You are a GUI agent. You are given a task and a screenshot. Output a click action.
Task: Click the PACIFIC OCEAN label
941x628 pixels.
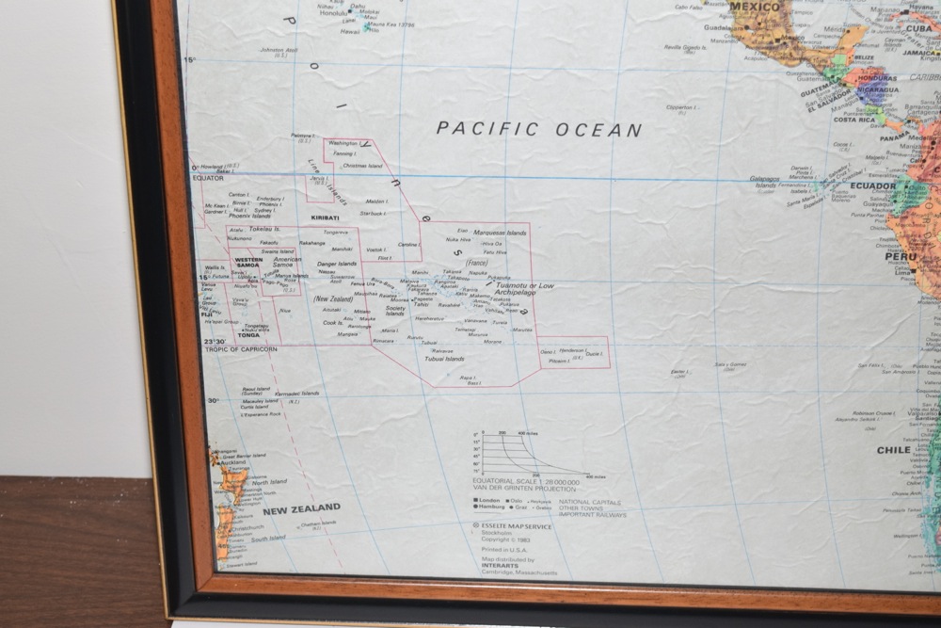(x=539, y=130)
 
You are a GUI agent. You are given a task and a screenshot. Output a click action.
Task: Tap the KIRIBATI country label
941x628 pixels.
(x=325, y=217)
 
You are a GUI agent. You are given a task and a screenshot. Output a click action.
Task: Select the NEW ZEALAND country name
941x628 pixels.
(x=301, y=508)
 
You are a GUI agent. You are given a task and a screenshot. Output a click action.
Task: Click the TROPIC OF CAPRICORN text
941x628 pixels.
(x=242, y=349)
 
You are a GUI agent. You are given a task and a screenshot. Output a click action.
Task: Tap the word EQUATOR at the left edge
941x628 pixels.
(x=209, y=177)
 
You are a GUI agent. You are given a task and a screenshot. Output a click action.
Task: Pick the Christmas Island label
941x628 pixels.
(x=362, y=166)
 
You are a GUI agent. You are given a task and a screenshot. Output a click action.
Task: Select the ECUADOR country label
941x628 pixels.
(x=872, y=185)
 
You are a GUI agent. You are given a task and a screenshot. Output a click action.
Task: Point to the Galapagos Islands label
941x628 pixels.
(x=764, y=182)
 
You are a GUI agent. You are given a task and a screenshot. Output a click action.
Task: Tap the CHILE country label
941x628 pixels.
(x=893, y=450)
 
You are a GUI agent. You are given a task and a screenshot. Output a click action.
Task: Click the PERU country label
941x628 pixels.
(x=900, y=256)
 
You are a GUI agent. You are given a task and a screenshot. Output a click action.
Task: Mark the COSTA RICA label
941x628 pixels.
(x=854, y=120)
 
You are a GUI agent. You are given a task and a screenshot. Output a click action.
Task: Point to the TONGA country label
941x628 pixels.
(x=248, y=309)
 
